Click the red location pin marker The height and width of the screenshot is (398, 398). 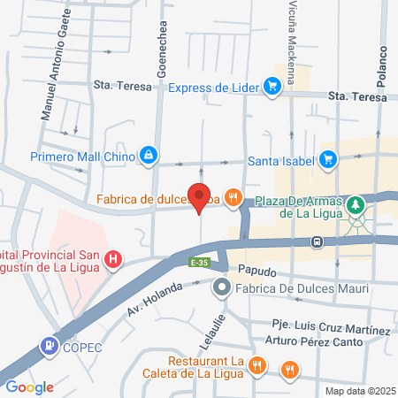[200, 196]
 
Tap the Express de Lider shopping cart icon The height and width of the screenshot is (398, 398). [272, 86]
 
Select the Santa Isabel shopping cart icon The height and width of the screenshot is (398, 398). [328, 160]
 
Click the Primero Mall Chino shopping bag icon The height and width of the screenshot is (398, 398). [149, 157]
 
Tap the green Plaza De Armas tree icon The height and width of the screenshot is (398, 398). [356, 204]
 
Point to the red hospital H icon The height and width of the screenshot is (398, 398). [113, 260]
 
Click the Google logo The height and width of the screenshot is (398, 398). [29, 387]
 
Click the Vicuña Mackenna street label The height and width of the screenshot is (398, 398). [293, 28]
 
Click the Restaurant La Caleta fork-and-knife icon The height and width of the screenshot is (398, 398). [256, 364]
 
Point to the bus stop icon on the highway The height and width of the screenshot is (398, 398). [317, 240]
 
